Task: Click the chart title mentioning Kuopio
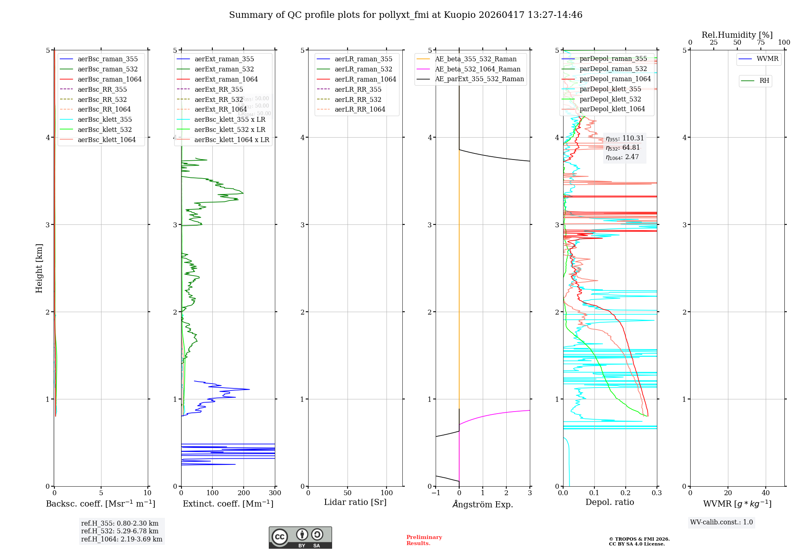point(406,15)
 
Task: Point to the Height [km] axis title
point(39,268)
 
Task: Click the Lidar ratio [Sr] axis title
point(355,502)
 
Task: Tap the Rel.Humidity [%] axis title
point(737,35)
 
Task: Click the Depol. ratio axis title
point(609,502)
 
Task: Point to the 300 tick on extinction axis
point(275,493)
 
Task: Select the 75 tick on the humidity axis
point(760,43)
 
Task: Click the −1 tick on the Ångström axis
point(436,493)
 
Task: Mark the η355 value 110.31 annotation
point(624,138)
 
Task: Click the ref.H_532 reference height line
point(120,531)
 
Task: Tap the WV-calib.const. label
point(721,522)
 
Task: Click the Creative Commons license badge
point(300,537)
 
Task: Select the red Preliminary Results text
point(424,540)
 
